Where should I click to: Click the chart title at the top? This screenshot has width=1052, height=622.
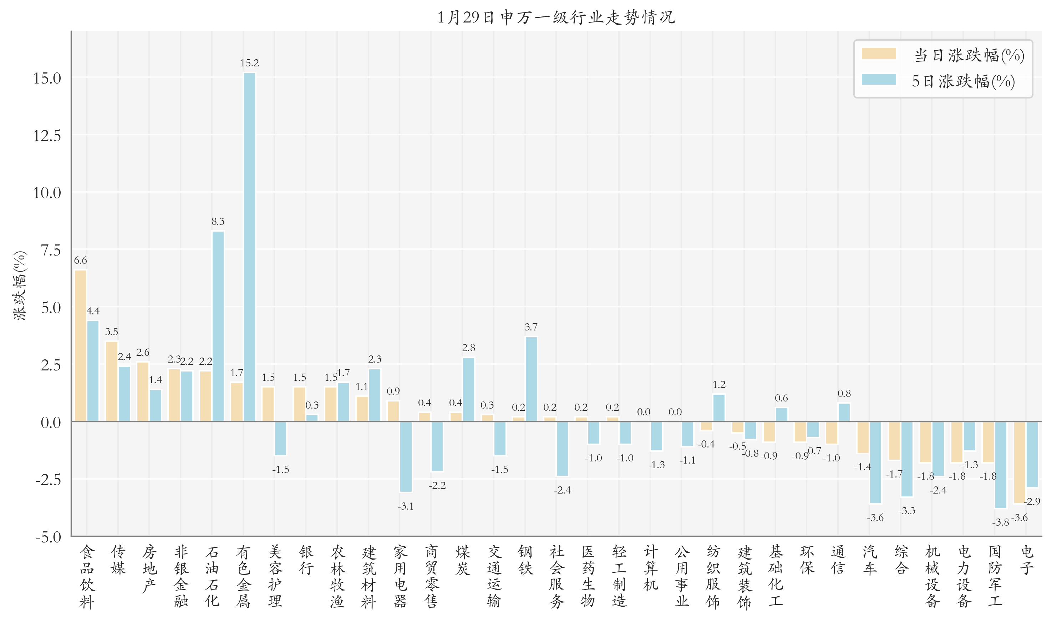[x=555, y=17]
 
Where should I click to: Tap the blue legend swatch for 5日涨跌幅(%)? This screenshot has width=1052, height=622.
[x=878, y=80]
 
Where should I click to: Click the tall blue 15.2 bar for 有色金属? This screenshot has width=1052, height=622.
[x=249, y=247]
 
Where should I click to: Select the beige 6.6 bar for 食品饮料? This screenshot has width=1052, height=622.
[x=80, y=345]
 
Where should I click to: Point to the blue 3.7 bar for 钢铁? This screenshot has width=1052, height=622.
[x=531, y=379]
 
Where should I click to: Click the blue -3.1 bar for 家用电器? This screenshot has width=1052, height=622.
[x=406, y=456]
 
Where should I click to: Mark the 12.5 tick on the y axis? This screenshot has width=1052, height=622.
[x=47, y=135]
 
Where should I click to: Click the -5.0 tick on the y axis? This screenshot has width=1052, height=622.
[x=48, y=537]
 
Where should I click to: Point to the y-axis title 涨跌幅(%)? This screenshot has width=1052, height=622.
[x=20, y=286]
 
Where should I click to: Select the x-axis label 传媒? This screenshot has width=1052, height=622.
[x=118, y=560]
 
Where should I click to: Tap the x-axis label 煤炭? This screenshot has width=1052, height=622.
[x=463, y=560]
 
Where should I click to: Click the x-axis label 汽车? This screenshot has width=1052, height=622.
[x=869, y=560]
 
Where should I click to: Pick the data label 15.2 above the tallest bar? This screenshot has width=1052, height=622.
[x=249, y=63]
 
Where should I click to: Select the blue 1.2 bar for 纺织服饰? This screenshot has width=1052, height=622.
[x=719, y=408]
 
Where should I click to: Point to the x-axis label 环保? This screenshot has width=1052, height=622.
[x=807, y=560]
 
